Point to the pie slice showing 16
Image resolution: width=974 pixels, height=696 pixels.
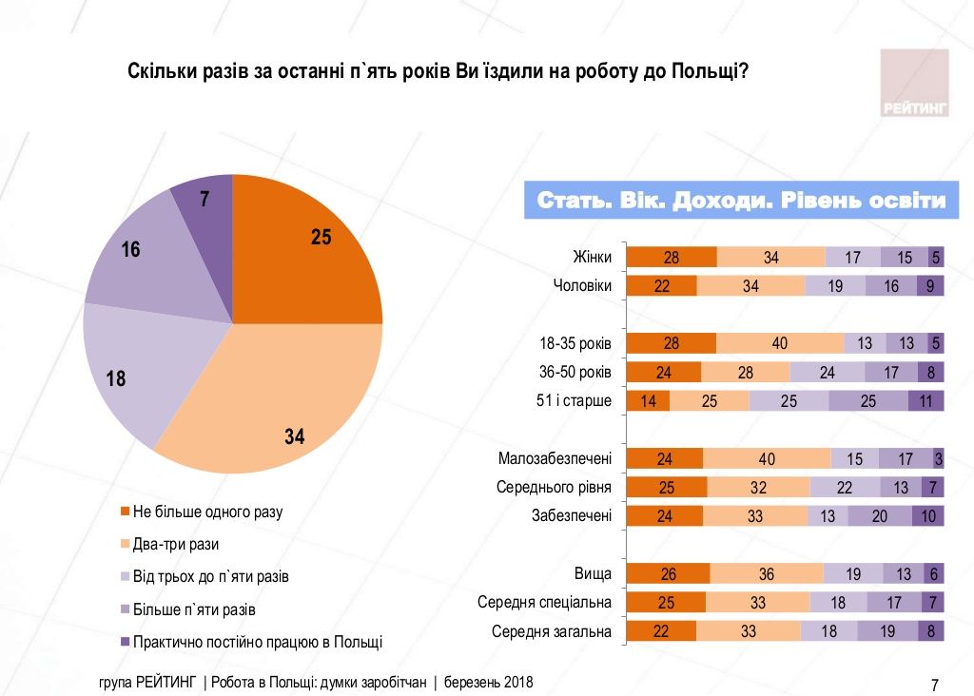click(143, 257)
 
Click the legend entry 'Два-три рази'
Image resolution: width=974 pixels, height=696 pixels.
click(176, 544)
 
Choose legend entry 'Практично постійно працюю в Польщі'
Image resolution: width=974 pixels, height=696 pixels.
click(257, 641)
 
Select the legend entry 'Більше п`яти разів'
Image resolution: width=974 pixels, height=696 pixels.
click(194, 609)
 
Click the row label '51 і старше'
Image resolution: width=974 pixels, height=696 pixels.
click(575, 400)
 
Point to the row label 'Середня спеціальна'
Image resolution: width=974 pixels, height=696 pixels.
click(543, 603)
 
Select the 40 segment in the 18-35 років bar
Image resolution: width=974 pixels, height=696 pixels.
click(779, 343)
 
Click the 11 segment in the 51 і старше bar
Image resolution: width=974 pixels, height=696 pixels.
click(925, 400)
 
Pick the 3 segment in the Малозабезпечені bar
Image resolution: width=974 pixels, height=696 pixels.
click(938, 459)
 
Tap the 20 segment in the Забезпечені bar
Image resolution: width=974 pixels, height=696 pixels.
click(879, 516)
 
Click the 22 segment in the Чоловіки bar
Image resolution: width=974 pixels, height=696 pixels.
click(662, 286)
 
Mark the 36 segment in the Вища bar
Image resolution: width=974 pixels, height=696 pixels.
click(766, 574)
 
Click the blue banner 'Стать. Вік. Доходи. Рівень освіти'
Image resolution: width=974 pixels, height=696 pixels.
click(741, 201)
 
